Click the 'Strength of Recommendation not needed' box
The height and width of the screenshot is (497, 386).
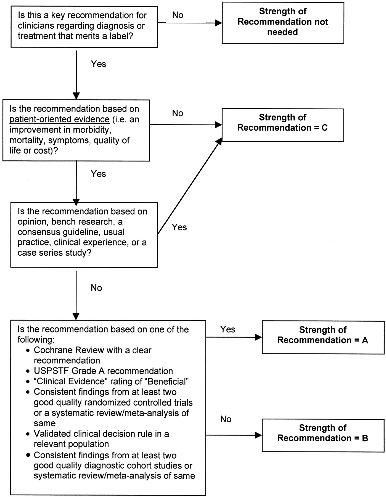[283, 23]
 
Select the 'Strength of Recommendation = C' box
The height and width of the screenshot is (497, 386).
[283, 125]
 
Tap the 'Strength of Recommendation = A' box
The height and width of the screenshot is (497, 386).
[323, 337]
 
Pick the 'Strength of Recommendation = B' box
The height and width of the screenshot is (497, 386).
[323, 435]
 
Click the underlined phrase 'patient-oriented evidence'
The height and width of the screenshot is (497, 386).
[60, 119]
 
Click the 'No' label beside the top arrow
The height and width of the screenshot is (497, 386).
[178, 15]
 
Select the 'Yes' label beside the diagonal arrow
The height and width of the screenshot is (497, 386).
[179, 227]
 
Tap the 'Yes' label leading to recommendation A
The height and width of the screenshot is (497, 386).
[228, 329]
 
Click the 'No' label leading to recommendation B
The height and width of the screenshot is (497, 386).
[226, 419]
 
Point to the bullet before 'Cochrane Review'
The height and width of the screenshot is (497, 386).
[28, 351]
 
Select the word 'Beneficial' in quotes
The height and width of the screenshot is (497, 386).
[168, 381]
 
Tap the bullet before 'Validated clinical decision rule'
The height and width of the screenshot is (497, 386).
[28, 434]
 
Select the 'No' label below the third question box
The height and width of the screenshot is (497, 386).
[96, 288]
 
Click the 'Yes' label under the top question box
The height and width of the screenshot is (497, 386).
[99, 64]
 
